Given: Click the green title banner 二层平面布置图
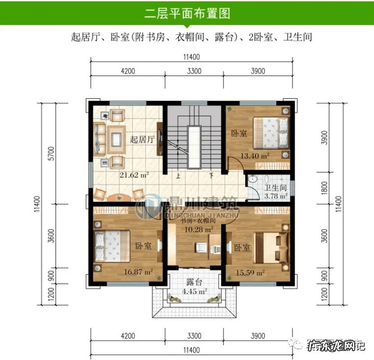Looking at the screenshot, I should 187,13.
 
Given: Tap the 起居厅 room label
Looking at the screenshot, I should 143,139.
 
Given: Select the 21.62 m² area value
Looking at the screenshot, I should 134,174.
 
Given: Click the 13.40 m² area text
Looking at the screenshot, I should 254,156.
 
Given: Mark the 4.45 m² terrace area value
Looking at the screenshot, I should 194,291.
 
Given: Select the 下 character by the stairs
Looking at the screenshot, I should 211,175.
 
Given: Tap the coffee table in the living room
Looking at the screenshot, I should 116,136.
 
